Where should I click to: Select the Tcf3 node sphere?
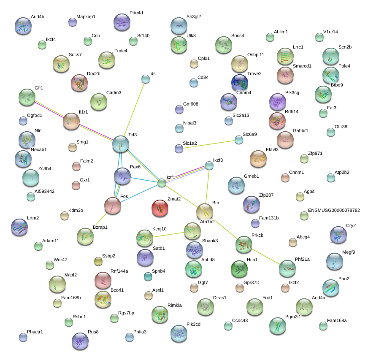(121, 143)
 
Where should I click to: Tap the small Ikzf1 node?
(162, 183)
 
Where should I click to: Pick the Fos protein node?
(113, 205)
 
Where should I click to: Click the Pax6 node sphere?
(122, 176)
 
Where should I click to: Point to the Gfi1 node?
(27, 97)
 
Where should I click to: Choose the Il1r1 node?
(71, 121)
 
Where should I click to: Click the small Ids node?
(146, 79)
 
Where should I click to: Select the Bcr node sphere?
(205, 211)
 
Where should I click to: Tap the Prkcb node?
(244, 244)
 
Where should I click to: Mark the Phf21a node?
(287, 268)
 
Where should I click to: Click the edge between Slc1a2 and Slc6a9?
(209, 144)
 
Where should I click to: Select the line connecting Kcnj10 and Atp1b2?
(168, 235)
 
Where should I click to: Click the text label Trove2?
(254, 74)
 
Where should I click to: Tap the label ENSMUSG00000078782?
(334, 210)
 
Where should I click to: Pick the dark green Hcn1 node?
(239, 268)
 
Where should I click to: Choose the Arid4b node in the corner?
(23, 26)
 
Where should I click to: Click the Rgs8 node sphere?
(80, 341)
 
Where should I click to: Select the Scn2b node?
(330, 56)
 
